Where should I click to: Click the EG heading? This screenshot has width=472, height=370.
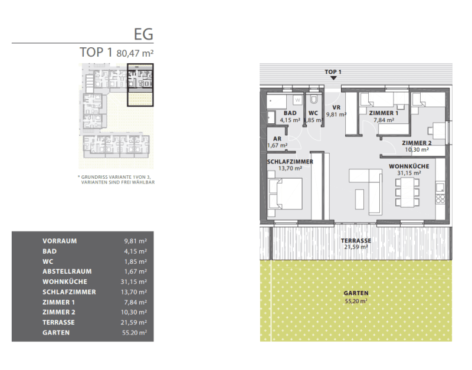143,34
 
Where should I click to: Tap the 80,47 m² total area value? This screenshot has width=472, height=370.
135,53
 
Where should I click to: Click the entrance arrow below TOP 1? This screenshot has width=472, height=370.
333,78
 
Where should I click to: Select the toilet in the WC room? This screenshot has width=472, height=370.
313,100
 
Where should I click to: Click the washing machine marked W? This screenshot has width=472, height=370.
298,100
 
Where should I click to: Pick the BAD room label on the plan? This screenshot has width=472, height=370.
290,113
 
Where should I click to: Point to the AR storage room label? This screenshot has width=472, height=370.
277,139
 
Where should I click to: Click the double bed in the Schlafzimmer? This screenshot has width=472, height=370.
286,194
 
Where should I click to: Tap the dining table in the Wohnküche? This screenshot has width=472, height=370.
407,192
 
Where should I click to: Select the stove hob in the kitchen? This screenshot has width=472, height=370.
441,199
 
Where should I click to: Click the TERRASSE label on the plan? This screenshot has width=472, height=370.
356,241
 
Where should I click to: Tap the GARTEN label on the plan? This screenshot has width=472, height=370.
356,293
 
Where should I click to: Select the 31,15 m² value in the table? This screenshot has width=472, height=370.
134,282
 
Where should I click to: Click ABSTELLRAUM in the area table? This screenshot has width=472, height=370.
67,271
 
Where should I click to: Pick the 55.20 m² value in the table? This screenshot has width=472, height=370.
134,333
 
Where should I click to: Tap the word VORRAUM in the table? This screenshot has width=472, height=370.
60,241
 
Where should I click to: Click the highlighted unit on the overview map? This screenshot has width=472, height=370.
140,85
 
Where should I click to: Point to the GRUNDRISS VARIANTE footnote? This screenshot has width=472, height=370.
116,180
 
